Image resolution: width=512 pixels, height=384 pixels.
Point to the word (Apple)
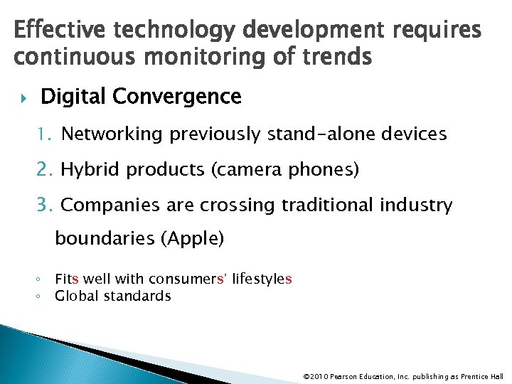pos(193,239)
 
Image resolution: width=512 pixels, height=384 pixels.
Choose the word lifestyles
pos(262,279)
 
